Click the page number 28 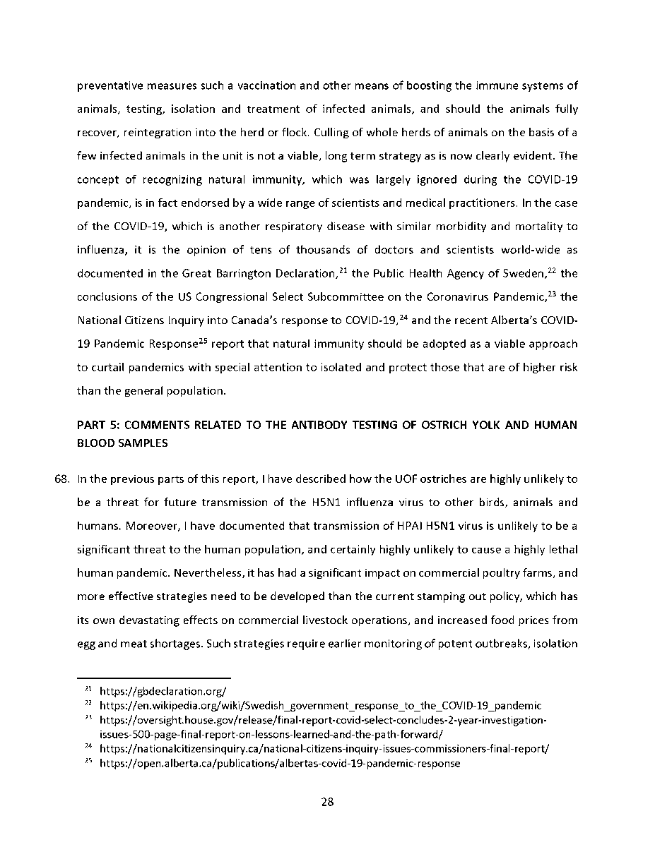tap(327, 803)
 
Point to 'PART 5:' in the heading tap(95, 425)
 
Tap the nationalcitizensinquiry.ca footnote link tap(324, 748)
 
